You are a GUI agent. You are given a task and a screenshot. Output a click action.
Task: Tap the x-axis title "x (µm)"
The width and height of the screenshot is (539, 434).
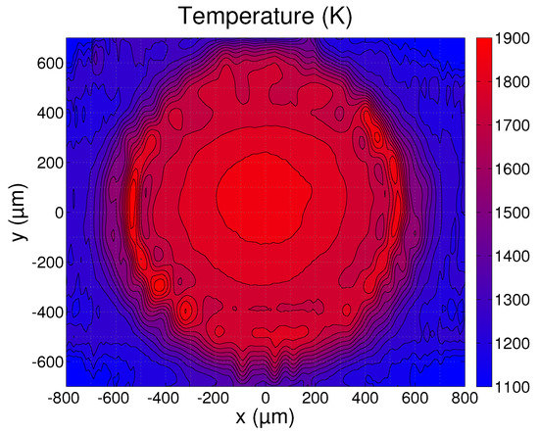pos(265,420)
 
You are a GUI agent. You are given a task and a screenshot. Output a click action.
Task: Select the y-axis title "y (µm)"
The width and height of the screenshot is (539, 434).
pos(17,212)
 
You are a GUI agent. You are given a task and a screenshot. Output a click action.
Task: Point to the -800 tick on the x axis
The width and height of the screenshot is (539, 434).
pos(66,398)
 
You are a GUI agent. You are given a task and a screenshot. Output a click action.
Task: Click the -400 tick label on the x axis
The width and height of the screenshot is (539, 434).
pos(165,398)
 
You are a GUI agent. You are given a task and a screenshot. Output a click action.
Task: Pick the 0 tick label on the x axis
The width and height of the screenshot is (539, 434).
pos(266,398)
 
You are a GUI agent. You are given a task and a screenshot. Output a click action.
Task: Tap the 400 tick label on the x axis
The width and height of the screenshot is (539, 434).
pos(365,398)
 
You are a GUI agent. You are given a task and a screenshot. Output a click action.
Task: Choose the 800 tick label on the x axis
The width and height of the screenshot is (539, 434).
pos(465,398)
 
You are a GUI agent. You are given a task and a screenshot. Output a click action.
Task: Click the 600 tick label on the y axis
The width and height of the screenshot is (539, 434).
pos(50,64)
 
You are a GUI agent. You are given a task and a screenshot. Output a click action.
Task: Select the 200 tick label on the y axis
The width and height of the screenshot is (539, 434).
pos(50,163)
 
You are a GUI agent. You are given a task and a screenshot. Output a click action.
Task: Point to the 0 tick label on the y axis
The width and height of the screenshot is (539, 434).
pos(57,213)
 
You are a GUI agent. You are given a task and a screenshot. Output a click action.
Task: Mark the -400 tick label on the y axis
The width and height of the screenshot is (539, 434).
pos(46,312)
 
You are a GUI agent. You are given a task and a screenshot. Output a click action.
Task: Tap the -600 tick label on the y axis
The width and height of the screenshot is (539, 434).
pos(46,362)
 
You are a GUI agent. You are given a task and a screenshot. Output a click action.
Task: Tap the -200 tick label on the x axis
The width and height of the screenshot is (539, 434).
pos(215,398)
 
